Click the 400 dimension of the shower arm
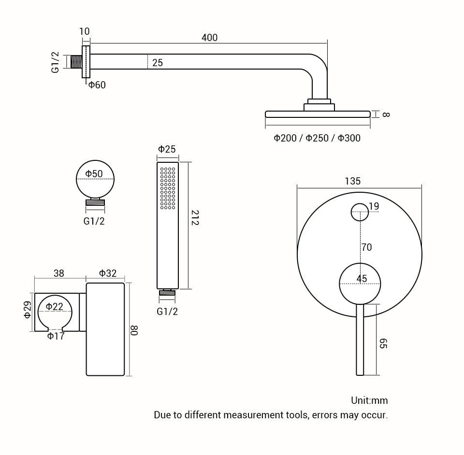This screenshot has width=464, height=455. [x=209, y=38]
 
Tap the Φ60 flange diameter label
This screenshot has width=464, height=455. [x=97, y=85]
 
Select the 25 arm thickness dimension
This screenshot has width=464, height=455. [x=158, y=63]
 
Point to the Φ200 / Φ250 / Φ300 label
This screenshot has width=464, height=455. [x=317, y=138]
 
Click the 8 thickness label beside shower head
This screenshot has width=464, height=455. [x=385, y=114]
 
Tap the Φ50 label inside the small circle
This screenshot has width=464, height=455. [x=94, y=174]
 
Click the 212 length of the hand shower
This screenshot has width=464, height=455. [x=194, y=218]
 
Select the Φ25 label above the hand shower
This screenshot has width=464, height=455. [x=167, y=149]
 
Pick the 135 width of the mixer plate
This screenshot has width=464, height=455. [x=352, y=181]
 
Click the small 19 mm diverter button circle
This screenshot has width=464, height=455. [x=360, y=212]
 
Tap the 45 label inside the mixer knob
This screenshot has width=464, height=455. [x=362, y=279]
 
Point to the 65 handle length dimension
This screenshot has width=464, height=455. [x=383, y=344]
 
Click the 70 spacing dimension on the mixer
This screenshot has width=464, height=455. [x=366, y=247]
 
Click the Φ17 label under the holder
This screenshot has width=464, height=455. [x=56, y=336]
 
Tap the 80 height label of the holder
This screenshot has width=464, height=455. [x=134, y=331]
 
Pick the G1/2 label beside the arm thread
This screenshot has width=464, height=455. [x=56, y=63]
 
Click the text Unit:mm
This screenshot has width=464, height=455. [x=369, y=400]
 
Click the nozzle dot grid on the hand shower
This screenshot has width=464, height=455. [x=168, y=188]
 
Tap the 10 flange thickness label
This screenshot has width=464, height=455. [x=84, y=31]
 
